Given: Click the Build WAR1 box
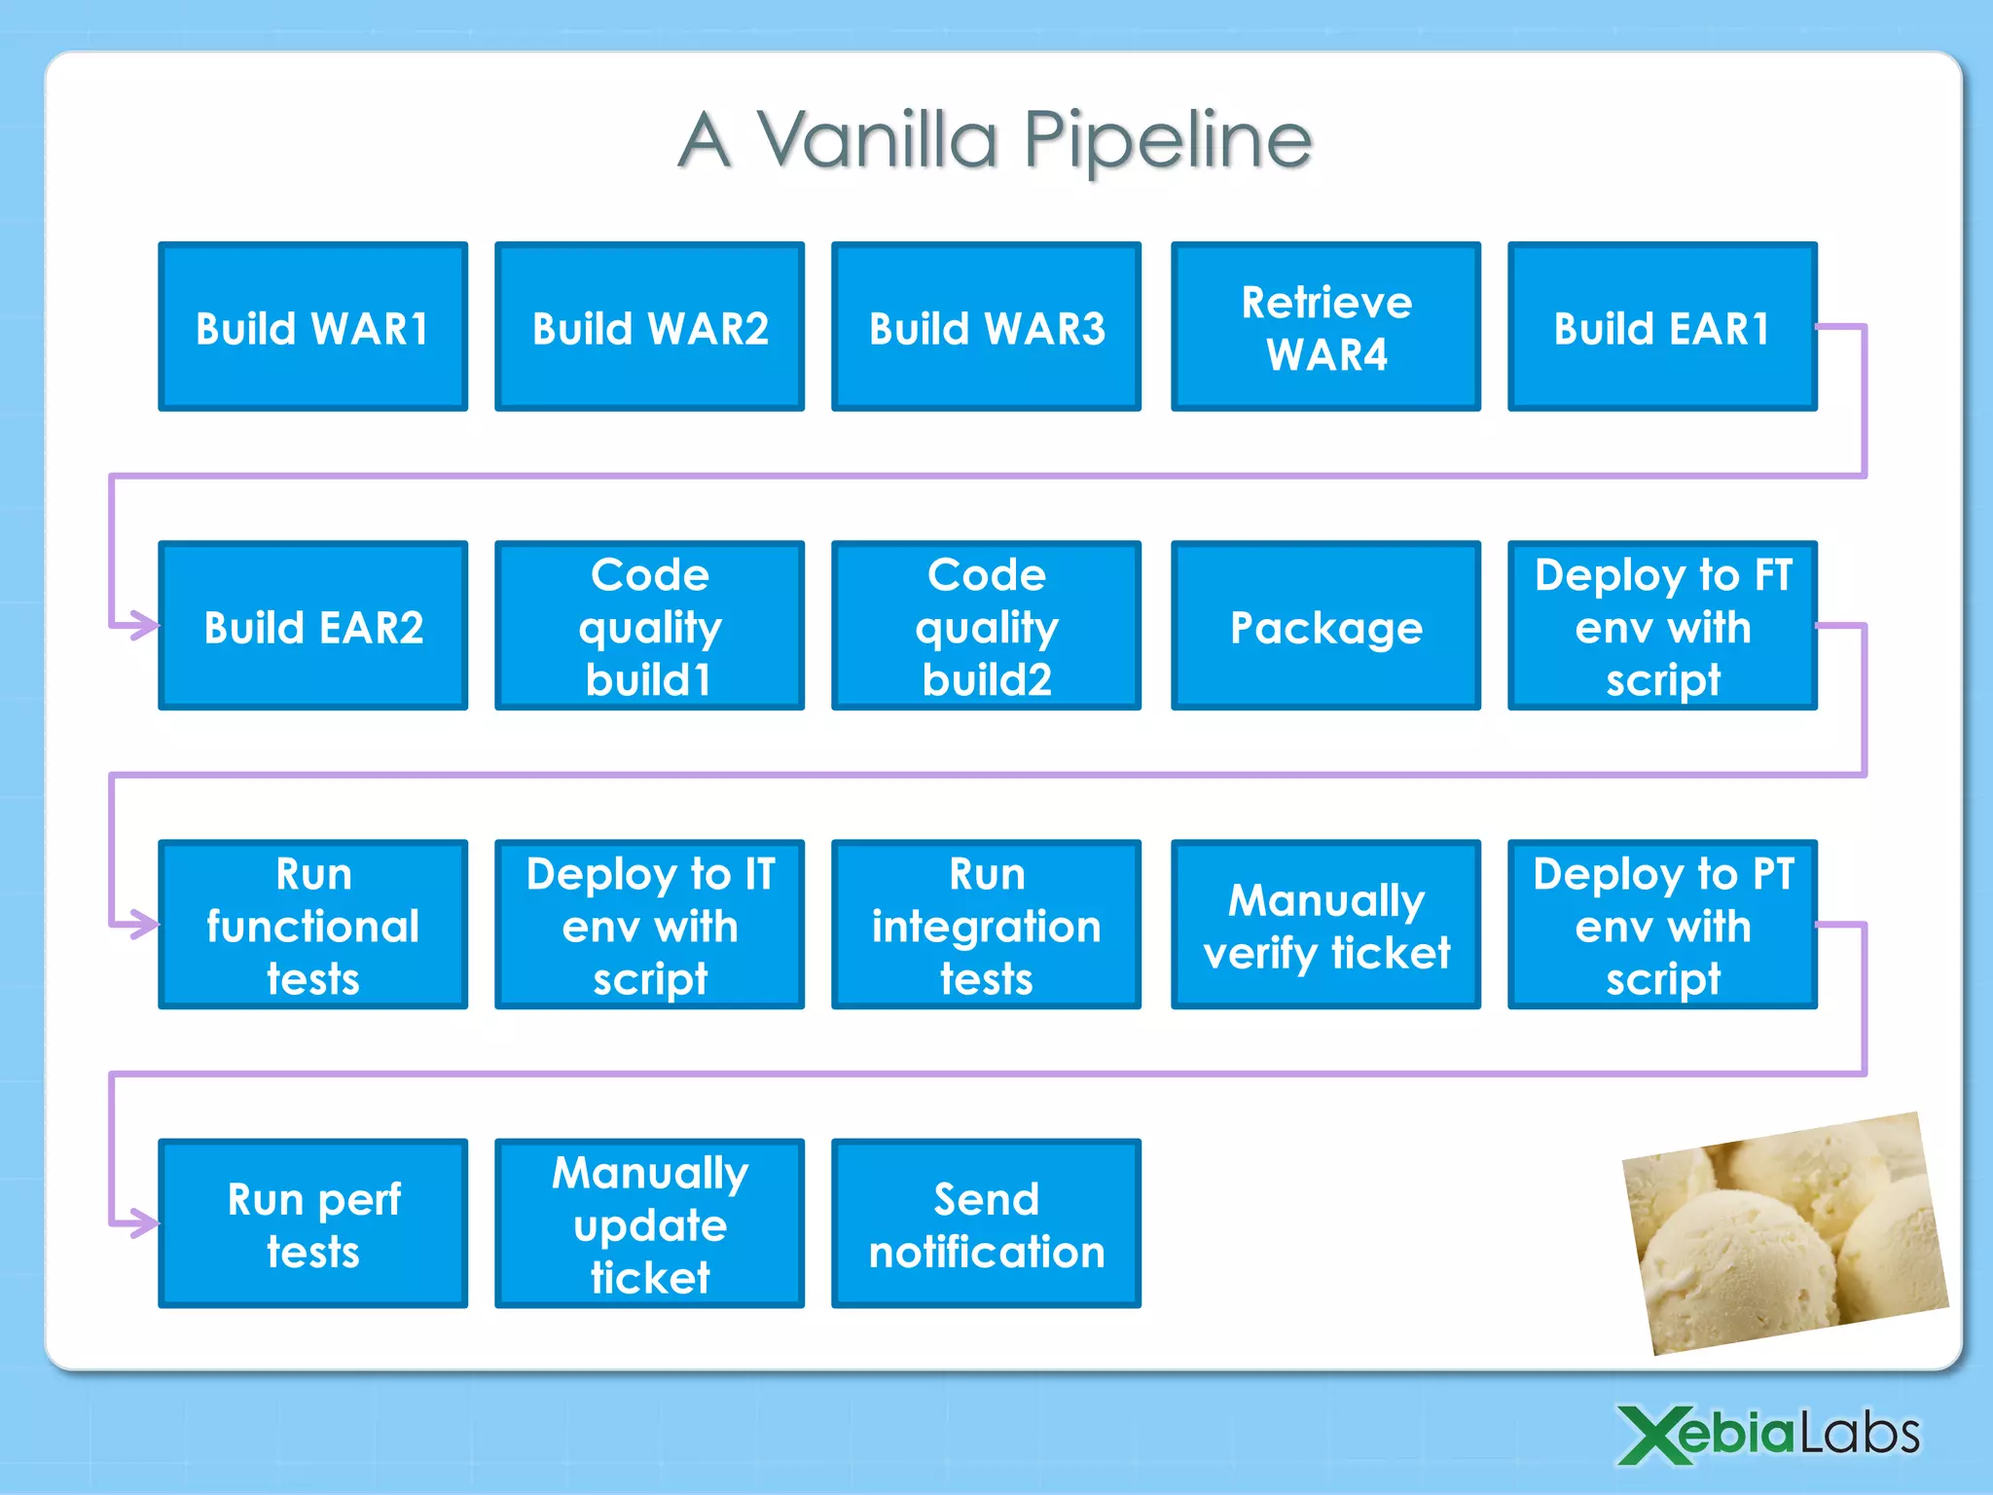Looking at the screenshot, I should pos(312,327).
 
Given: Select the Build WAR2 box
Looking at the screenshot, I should pos(649,327).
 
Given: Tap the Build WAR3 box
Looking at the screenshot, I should pos(986,327).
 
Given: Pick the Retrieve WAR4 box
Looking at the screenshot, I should pos(1325,327).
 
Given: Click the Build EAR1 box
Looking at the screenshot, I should pos(1661,327).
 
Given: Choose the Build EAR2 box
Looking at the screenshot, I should pos(312,626).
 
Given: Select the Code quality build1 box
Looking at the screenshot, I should pos(649,626).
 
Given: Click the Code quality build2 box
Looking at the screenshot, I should pos(986,626).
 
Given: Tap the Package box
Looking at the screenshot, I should pos(1325,626).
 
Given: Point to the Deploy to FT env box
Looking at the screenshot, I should pos(1661,626).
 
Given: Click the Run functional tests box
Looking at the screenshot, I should pos(312,925).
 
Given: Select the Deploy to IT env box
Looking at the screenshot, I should pos(649,925).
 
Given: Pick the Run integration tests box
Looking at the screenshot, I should pos(986,925).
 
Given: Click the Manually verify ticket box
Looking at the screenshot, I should pos(1325,925).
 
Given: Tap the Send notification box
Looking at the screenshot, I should pos(986,1223).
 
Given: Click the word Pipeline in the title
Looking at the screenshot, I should pos(1168,141).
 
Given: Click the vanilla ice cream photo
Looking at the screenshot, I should pos(1786,1234).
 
